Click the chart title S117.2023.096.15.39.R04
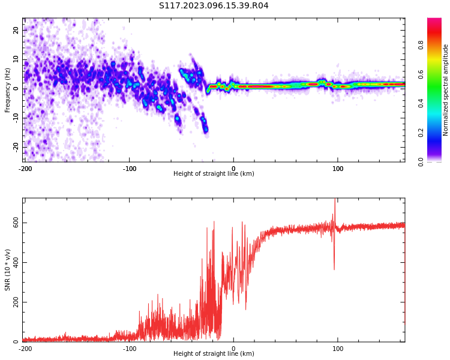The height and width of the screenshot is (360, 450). (214, 5)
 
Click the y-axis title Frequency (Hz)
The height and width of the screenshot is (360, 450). (8, 90)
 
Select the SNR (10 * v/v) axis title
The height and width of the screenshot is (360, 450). (8, 270)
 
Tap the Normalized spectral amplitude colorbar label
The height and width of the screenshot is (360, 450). (446, 90)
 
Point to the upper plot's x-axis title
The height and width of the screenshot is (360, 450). (214, 174)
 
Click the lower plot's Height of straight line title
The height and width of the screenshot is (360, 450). (214, 353)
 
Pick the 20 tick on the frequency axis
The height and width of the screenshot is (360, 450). (16, 30)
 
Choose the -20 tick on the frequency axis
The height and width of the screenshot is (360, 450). (16, 146)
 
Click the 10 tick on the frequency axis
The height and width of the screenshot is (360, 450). (16, 59)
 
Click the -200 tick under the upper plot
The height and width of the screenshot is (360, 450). (25, 169)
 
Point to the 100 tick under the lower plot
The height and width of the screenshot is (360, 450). (338, 348)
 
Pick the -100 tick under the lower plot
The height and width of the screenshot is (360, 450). (129, 348)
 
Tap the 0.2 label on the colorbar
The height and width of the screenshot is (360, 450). (421, 133)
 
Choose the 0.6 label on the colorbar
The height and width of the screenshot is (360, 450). (421, 74)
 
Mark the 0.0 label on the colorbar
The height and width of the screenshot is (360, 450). (421, 161)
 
